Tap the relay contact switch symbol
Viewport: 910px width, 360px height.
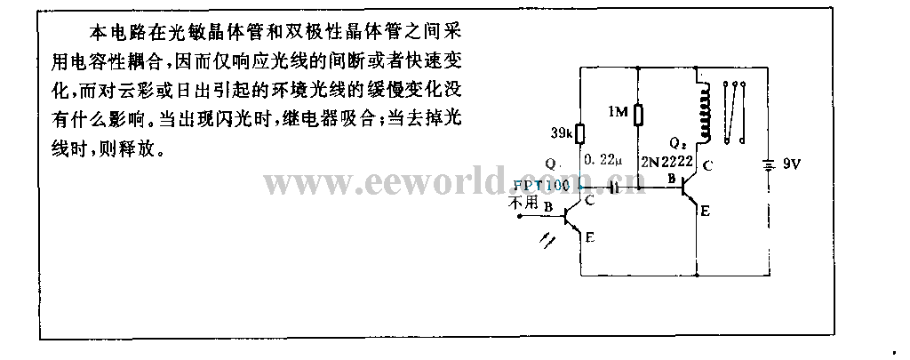coord(733,111)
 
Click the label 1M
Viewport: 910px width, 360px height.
coord(619,111)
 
